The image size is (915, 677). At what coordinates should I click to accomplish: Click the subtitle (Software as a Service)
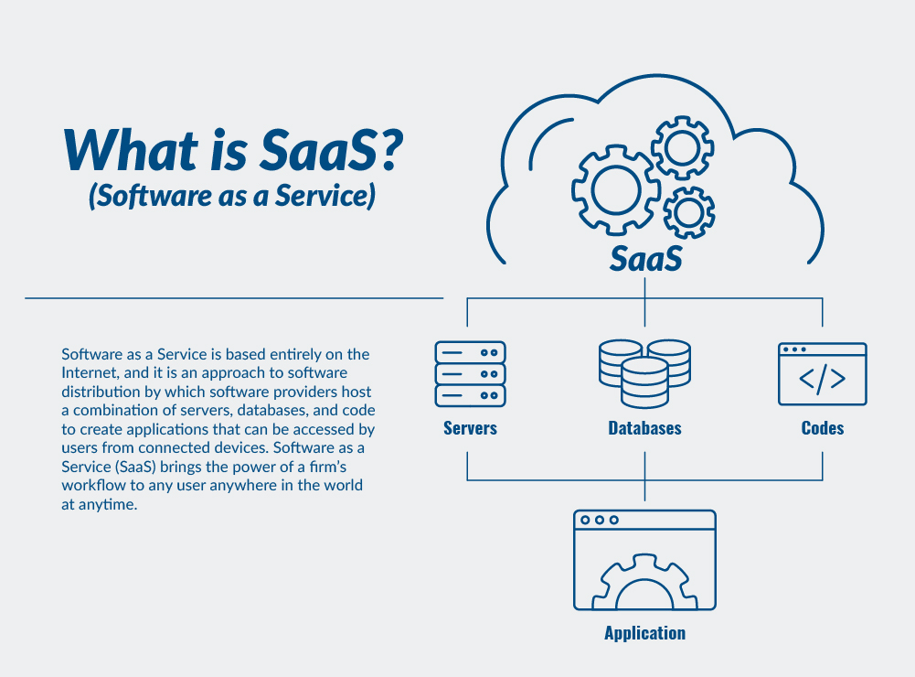232,197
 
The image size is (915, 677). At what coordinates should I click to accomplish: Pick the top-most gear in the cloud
681,146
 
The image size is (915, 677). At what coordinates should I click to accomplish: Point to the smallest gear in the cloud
688,212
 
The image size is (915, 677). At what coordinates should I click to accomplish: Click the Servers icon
470,374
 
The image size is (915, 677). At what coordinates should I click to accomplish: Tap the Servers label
470,428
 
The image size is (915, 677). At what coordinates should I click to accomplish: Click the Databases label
644,428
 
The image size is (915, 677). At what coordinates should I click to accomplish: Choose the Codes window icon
822,374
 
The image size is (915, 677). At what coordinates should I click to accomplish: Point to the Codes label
822,428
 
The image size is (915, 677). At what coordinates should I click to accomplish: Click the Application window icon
644,560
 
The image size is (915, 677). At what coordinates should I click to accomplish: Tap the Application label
644,633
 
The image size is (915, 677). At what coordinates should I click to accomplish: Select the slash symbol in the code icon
823,380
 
